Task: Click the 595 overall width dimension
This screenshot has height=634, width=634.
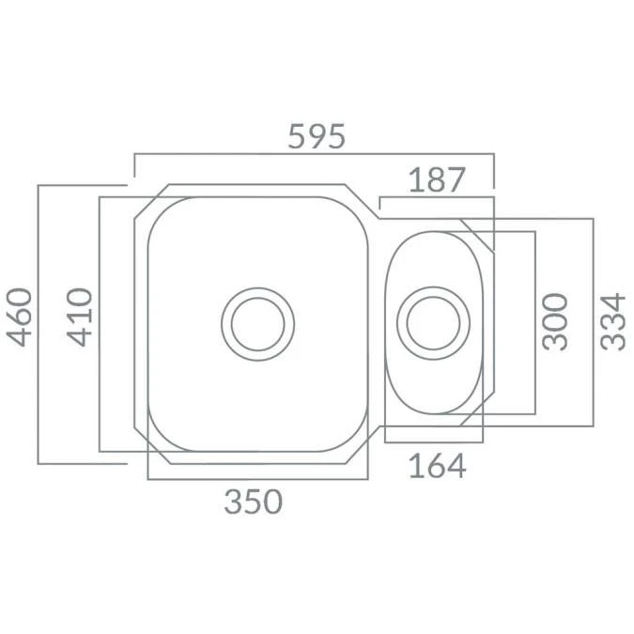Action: point(317,137)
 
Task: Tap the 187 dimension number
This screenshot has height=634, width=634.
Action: point(438,179)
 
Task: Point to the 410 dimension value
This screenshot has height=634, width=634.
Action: point(81,317)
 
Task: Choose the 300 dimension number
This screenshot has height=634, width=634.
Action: point(556,320)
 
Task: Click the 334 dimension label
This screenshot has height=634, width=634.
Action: point(612,320)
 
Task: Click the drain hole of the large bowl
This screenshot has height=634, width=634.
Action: point(257,323)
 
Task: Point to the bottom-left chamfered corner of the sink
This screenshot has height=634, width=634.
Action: point(152,445)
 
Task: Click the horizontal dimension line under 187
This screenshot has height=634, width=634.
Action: point(438,198)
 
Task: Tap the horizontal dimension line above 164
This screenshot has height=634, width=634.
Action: point(433,442)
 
